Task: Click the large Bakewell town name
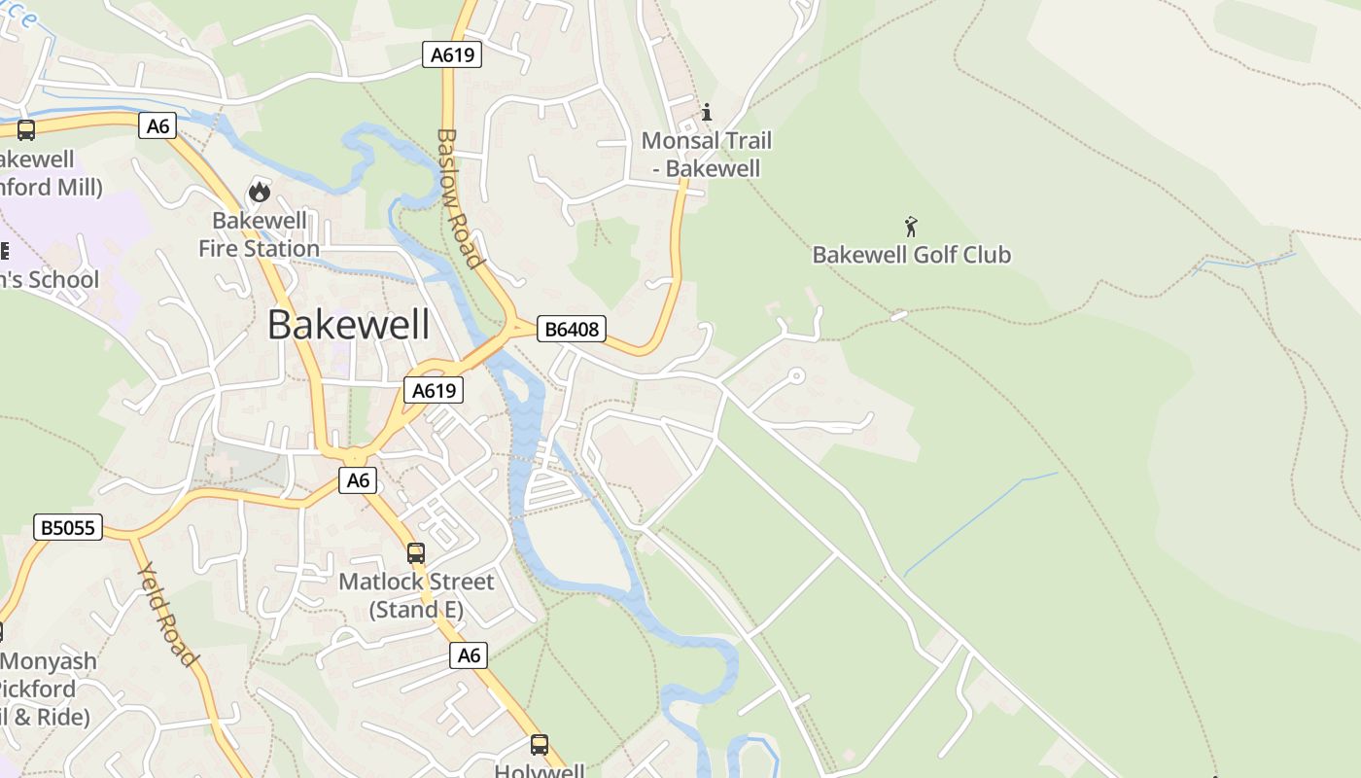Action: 348,325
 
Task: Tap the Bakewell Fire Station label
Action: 259,234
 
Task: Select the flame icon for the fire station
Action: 259,192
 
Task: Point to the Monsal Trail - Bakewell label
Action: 706,155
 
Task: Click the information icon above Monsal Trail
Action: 707,112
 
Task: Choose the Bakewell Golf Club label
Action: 911,255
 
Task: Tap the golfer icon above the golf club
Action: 911,227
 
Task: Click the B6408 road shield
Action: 571,330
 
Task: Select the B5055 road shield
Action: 67,527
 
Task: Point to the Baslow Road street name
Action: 459,198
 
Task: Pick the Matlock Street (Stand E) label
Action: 416,595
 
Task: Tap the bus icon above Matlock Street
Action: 416,553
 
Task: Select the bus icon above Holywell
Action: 540,745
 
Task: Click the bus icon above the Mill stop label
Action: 26,129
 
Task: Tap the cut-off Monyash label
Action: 49,661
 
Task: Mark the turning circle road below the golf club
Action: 796,375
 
